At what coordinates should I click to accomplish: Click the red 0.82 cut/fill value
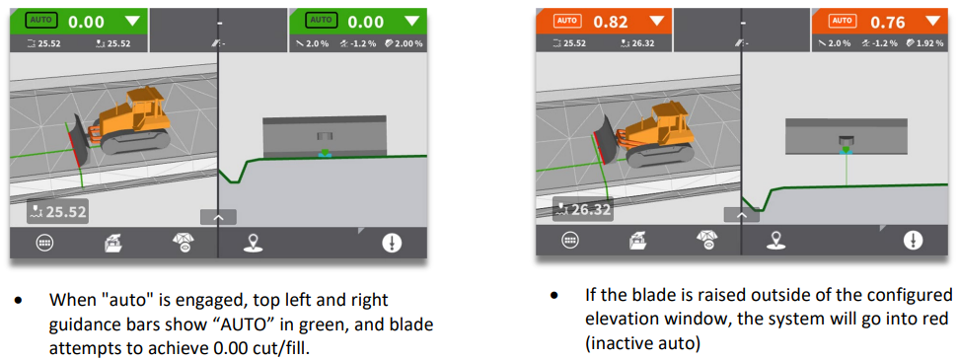click(611, 22)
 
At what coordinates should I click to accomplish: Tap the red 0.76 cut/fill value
click(887, 22)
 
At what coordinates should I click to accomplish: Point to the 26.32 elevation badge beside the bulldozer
click(582, 211)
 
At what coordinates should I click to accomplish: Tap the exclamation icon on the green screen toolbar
click(391, 243)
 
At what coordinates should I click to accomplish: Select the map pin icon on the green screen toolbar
click(251, 244)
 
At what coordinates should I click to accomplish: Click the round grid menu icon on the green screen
click(44, 243)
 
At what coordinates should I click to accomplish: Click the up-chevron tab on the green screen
click(218, 218)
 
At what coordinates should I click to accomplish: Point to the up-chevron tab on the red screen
click(742, 215)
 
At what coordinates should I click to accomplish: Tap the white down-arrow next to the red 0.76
click(931, 22)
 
